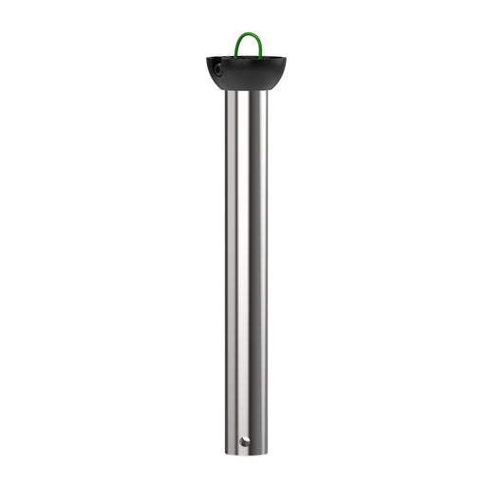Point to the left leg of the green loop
click(x=237, y=46)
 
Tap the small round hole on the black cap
click(x=216, y=69)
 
